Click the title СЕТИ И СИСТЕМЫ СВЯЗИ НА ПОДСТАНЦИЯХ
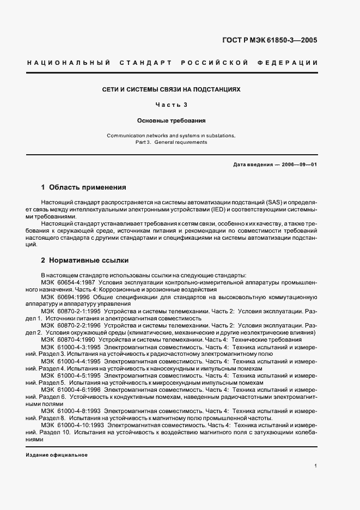172,88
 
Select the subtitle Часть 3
172,105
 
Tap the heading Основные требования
172,122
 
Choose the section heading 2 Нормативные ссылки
85,260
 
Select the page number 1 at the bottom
316,466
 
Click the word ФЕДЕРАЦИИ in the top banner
291,63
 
